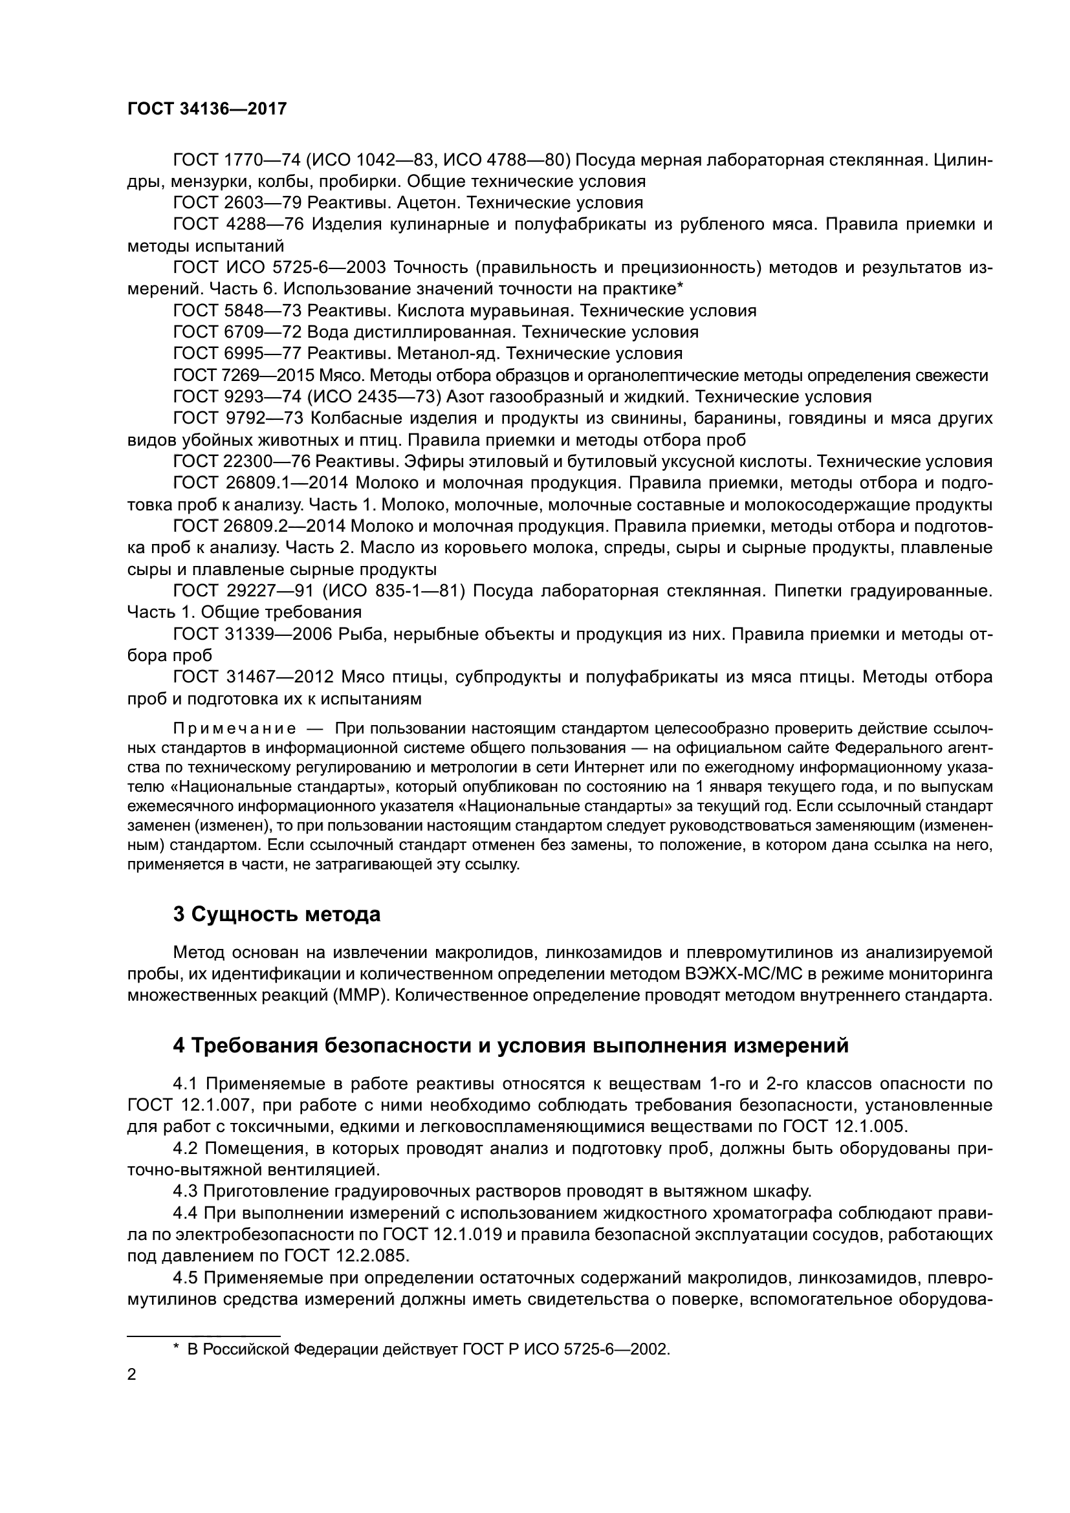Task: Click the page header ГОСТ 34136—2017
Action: (x=207, y=109)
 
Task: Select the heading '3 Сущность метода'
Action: (x=277, y=914)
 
